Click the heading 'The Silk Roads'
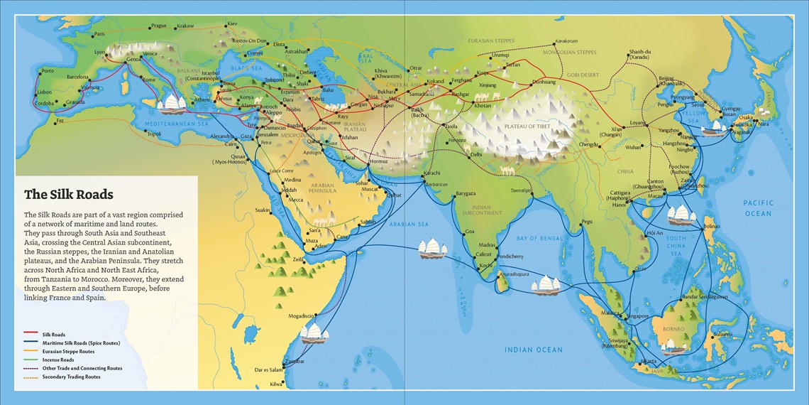[68, 195]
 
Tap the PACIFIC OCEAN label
[758, 207]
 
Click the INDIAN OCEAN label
[533, 350]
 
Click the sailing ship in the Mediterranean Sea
[172, 104]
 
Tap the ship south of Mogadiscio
[313, 333]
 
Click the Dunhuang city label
[543, 82]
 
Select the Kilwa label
[276, 384]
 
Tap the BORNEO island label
[674, 329]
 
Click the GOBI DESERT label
[584, 75]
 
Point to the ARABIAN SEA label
[410, 225]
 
